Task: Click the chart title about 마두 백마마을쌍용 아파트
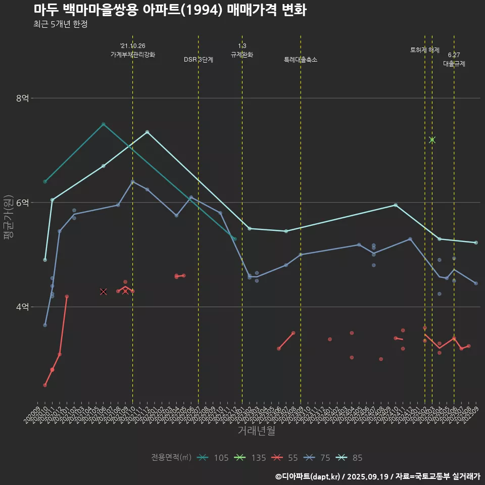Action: [x=170, y=10]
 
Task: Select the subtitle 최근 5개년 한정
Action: [x=61, y=24]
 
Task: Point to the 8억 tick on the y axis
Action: [x=22, y=98]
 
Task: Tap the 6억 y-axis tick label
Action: [x=22, y=203]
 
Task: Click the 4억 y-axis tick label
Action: [x=22, y=307]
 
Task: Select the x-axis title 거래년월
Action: [x=257, y=431]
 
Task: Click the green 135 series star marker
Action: [x=432, y=140]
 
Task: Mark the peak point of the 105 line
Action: [x=103, y=124]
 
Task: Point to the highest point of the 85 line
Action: [x=147, y=132]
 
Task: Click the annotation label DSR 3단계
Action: [x=199, y=60]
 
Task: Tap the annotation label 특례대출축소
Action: [x=301, y=60]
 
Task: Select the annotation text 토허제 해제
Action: [x=425, y=50]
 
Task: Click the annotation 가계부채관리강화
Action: [x=133, y=55]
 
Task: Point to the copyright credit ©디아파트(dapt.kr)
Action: [x=308, y=476]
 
